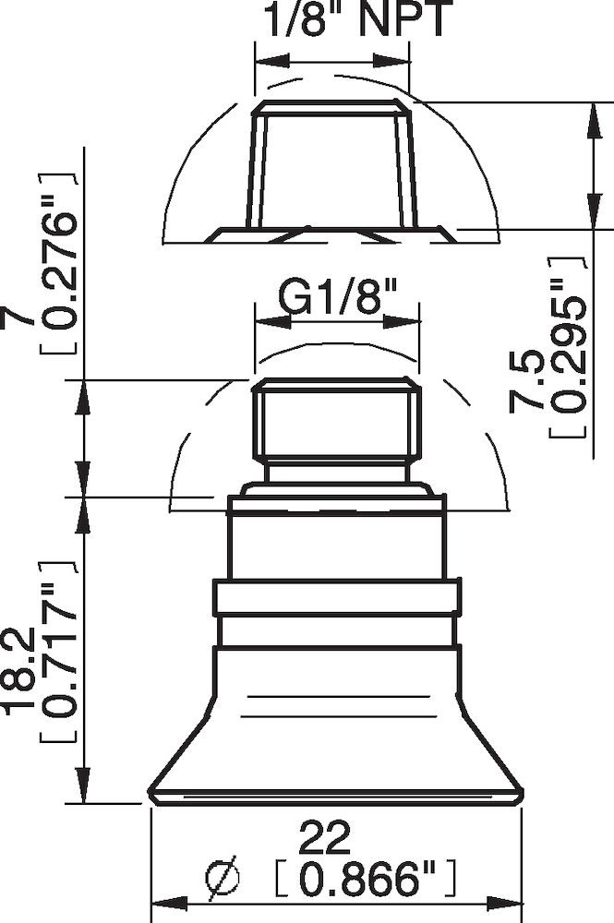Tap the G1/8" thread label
pyautogui.click(x=337, y=299)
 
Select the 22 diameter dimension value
pyautogui.click(x=324, y=837)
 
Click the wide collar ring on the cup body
pyautogui.click(x=336, y=597)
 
